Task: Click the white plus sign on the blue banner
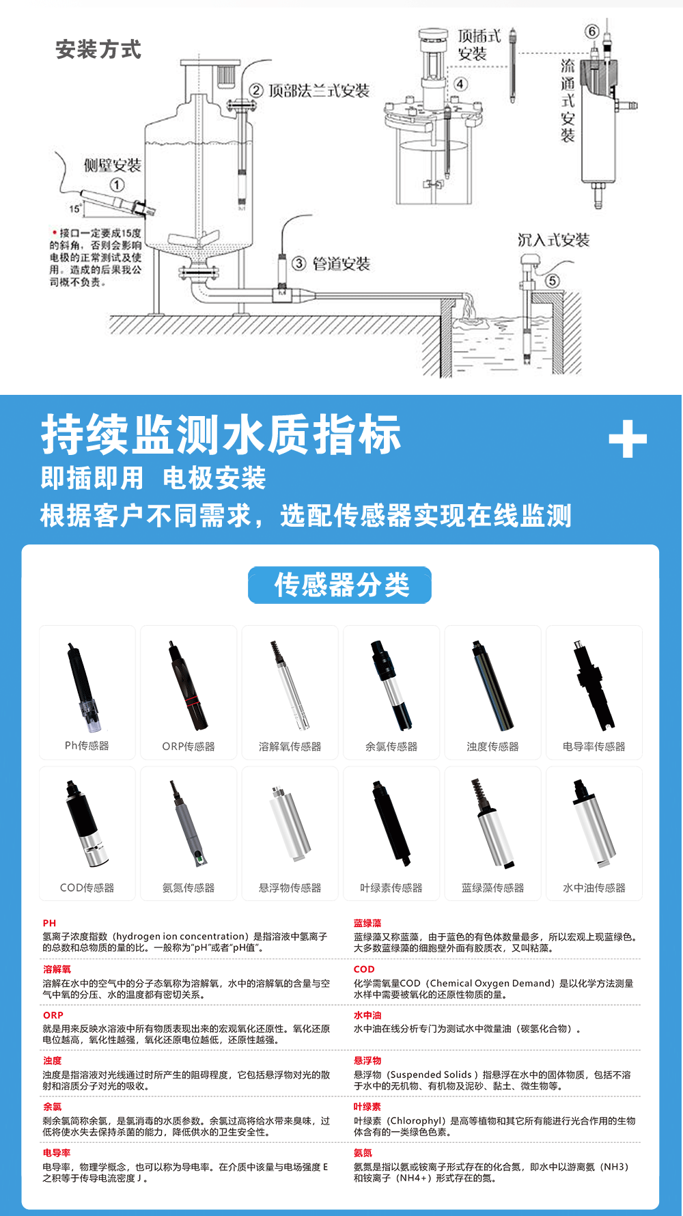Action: [x=628, y=439]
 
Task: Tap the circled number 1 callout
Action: [x=117, y=185]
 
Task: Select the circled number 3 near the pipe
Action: [x=299, y=263]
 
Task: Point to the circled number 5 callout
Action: [x=552, y=281]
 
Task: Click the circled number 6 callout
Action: [x=592, y=31]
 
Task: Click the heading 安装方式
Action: [x=98, y=49]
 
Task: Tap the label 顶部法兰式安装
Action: [x=319, y=91]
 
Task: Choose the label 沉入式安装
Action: [x=553, y=240]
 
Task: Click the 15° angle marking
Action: [x=75, y=208]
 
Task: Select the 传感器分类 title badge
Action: [x=340, y=585]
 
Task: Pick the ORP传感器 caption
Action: [x=189, y=747]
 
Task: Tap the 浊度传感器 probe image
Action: [x=492, y=685]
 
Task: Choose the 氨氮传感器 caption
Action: [x=189, y=888]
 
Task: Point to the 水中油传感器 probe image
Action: [x=594, y=823]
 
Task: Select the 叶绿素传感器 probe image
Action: [x=391, y=823]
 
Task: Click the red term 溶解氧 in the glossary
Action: [x=57, y=969]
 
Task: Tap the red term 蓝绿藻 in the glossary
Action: [x=367, y=923]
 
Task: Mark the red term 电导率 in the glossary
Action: [x=57, y=1152]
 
